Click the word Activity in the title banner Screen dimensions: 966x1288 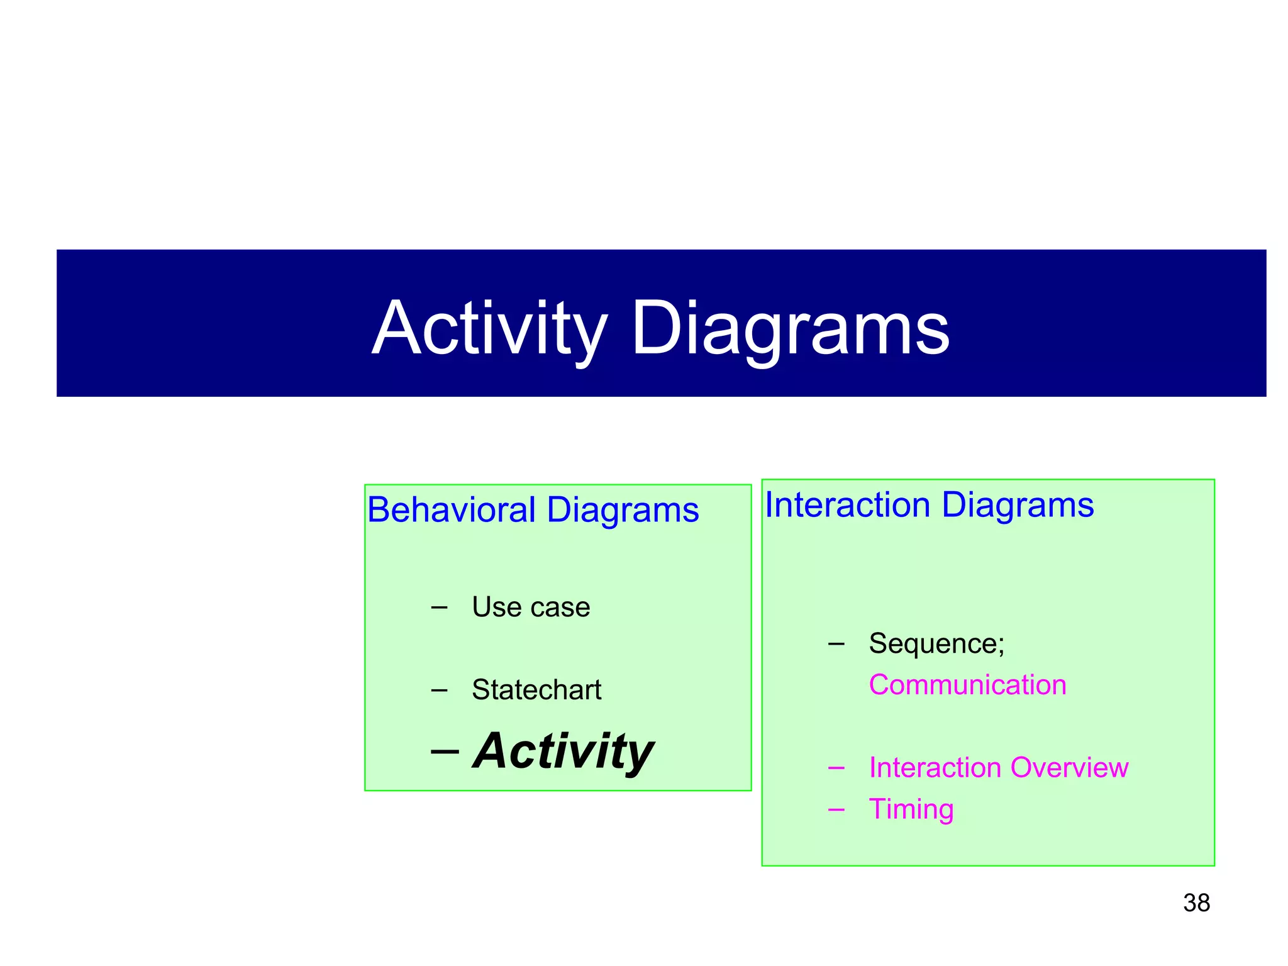(489, 329)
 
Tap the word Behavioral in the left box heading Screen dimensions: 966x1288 (452, 509)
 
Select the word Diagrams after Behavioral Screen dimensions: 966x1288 (623, 509)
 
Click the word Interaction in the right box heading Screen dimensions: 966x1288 (847, 504)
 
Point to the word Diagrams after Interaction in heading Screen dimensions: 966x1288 (1018, 504)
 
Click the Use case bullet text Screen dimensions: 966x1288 (531, 608)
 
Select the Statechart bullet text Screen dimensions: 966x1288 (536, 690)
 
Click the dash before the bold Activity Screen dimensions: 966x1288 (445, 752)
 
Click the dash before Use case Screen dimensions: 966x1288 (439, 608)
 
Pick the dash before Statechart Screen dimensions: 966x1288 (439, 691)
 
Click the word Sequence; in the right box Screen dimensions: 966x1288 (936, 643)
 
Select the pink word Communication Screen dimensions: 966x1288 (967, 685)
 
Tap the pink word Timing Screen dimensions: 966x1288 (911, 809)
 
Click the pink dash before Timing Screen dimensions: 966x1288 (836, 810)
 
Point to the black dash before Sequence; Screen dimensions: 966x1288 (836, 644)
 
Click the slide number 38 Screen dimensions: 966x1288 (1196, 903)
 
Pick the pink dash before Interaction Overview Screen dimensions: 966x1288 (836, 769)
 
